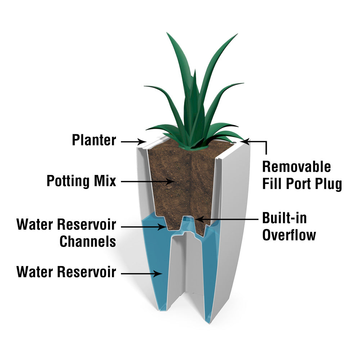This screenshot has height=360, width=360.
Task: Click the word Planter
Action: [94, 140]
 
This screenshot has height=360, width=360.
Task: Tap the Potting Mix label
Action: [81, 180]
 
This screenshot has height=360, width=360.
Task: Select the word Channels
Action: [87, 241]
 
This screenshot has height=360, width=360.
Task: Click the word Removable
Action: [296, 167]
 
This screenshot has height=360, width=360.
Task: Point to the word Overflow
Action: [289, 235]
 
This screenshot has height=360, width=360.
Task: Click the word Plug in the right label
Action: [328, 184]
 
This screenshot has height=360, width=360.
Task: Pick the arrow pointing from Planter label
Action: [133, 142]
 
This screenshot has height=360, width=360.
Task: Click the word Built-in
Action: [284, 218]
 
